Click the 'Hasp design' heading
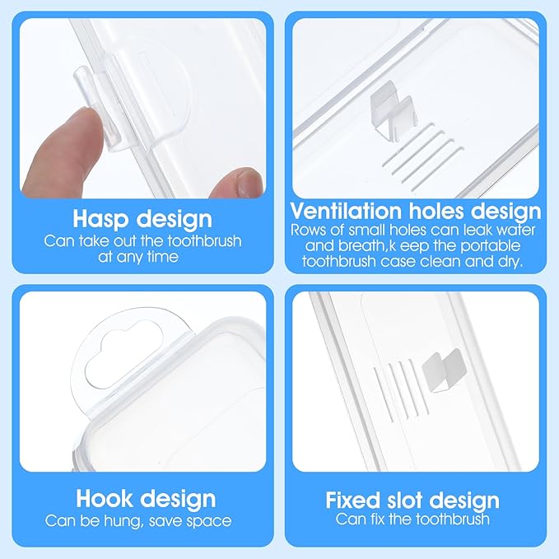(x=142, y=219)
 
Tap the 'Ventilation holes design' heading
(x=416, y=211)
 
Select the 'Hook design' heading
(x=145, y=499)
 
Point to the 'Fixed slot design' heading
(x=412, y=500)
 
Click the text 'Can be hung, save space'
(x=138, y=520)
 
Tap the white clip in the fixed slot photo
(x=443, y=367)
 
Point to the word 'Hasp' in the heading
(x=103, y=219)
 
